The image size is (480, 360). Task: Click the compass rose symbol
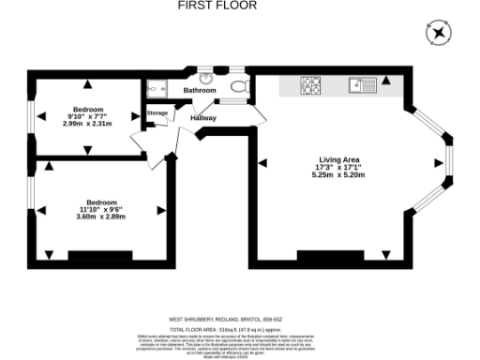(439, 35)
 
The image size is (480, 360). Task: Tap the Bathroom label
(200, 90)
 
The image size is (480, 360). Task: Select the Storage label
(157, 113)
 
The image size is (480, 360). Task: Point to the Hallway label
(203, 118)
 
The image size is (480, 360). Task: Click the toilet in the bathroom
(238, 87)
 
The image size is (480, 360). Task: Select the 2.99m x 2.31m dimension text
(86, 124)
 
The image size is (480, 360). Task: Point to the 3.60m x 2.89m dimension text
(100, 217)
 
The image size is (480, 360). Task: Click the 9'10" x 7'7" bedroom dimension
(86, 114)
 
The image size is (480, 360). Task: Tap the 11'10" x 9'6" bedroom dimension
(100, 209)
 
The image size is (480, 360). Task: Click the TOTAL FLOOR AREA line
(241, 331)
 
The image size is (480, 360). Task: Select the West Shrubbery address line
(241, 320)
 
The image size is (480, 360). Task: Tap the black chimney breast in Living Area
(329, 254)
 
